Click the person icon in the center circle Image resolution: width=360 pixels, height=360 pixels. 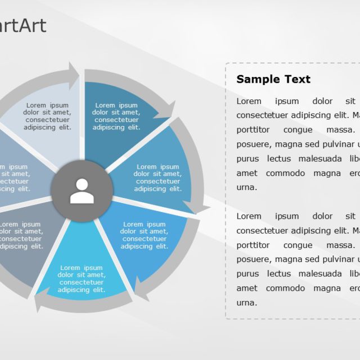tap(82, 191)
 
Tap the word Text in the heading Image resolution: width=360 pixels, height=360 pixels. tap(296, 79)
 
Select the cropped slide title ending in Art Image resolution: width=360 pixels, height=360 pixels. tap(22, 26)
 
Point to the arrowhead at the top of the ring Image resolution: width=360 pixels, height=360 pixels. tap(74, 75)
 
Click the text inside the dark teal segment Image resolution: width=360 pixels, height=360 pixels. tap(116, 116)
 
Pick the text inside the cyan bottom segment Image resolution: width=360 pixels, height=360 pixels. tap(82, 278)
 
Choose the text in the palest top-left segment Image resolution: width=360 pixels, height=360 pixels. tap(47, 116)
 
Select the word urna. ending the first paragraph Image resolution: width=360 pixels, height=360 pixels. tap(246, 187)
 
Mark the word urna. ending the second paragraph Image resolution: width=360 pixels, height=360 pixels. tap(246, 303)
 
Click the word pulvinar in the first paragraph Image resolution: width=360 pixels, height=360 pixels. tap(334, 145)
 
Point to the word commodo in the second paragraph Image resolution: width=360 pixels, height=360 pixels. tap(285, 288)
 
